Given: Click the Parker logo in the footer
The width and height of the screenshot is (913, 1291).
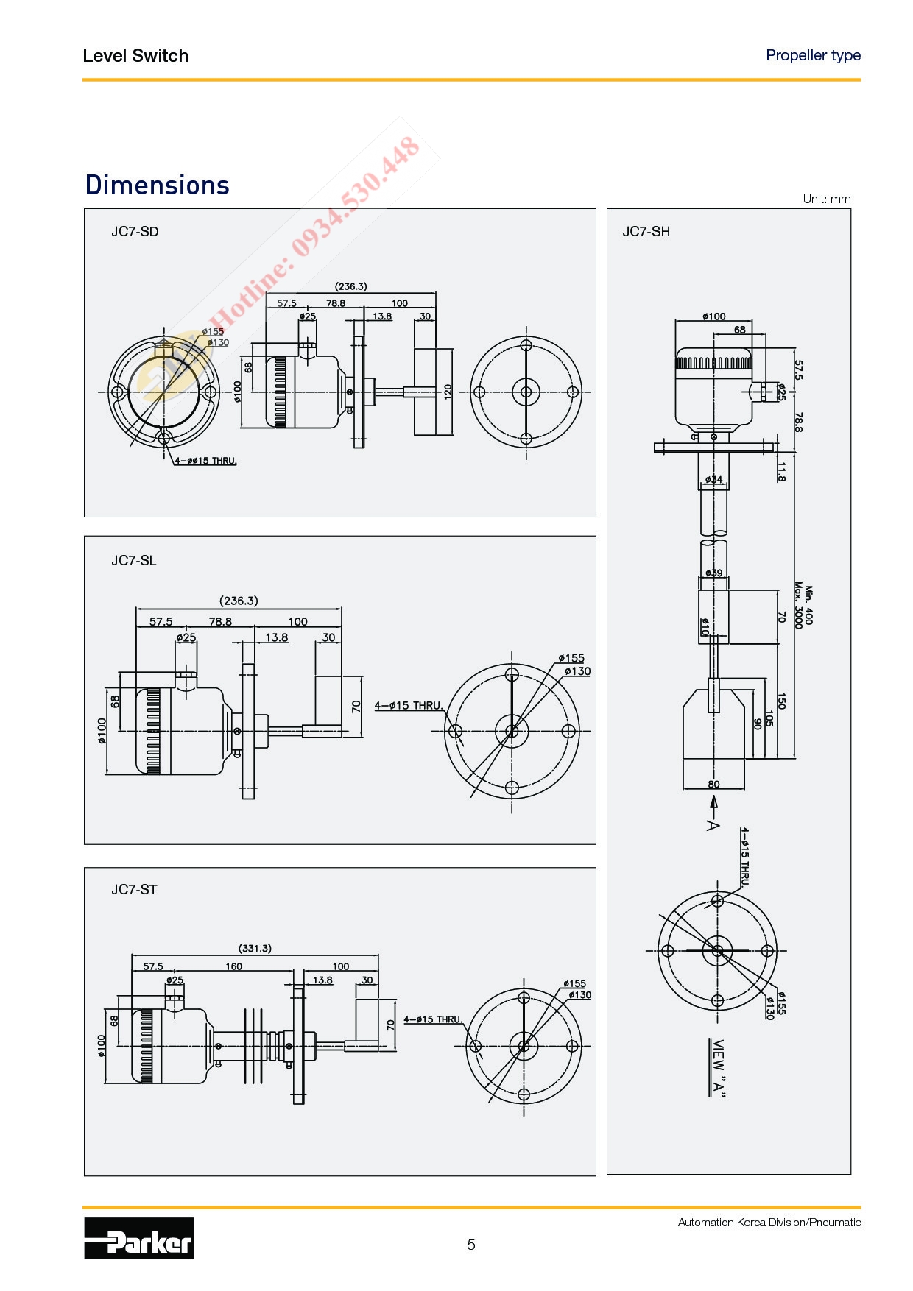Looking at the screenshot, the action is pyautogui.click(x=138, y=1237).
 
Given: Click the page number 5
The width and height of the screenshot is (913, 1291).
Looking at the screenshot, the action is pyautogui.click(x=471, y=1245).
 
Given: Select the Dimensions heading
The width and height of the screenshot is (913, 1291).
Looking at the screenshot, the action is pyautogui.click(x=158, y=185).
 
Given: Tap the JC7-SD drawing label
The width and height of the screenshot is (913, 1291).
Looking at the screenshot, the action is pyautogui.click(x=135, y=231).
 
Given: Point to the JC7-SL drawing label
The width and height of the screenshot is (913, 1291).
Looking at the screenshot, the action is pyautogui.click(x=134, y=560).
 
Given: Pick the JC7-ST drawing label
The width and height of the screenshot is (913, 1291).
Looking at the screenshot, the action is pyautogui.click(x=134, y=889).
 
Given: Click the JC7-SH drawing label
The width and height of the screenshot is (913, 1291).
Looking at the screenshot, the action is pyautogui.click(x=646, y=231).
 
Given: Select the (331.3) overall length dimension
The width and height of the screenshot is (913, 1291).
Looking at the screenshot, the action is pyautogui.click(x=255, y=948).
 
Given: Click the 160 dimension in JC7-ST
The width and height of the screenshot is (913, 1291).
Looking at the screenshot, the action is pyautogui.click(x=233, y=966).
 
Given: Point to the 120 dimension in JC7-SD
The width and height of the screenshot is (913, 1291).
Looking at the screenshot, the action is pyautogui.click(x=448, y=392).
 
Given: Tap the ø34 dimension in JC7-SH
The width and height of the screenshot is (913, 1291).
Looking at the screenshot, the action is pyautogui.click(x=713, y=480).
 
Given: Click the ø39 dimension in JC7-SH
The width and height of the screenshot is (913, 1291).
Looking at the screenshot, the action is pyautogui.click(x=713, y=573).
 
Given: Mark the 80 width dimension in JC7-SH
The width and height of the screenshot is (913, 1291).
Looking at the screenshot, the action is pyautogui.click(x=713, y=784).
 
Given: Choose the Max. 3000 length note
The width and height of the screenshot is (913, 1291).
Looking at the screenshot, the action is pyautogui.click(x=798, y=606).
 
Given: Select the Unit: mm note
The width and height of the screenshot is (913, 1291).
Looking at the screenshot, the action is pyautogui.click(x=827, y=199).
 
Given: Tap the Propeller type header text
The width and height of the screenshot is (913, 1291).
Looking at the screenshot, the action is pyautogui.click(x=814, y=55).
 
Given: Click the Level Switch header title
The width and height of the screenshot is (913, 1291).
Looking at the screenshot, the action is pyautogui.click(x=135, y=56).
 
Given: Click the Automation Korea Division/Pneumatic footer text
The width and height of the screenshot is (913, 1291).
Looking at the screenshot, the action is pyautogui.click(x=769, y=1223).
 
